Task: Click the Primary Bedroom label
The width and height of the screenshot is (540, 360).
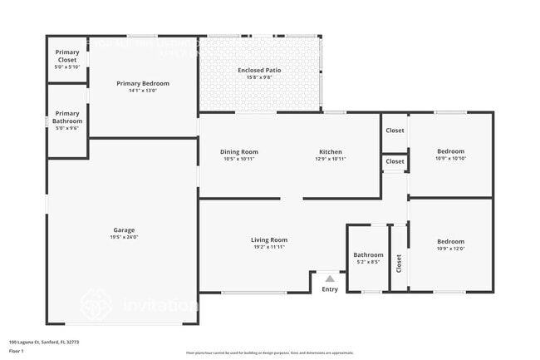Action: coord(143,83)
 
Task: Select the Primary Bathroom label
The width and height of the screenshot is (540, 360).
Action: coord(67,117)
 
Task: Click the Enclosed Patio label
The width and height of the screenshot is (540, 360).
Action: coord(259,71)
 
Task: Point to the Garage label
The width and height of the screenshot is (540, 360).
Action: coord(125,230)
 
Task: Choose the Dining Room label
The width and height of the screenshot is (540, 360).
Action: coord(239,152)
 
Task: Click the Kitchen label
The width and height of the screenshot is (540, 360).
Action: coord(331,152)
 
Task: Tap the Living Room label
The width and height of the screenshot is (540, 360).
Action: coord(269,240)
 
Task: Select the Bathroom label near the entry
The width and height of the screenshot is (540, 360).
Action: coord(368,255)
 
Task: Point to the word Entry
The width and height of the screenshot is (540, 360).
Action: coord(330,289)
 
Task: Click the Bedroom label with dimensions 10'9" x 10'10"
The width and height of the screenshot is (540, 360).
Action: coord(451,151)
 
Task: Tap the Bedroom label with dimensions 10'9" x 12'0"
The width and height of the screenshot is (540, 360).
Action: coord(451,242)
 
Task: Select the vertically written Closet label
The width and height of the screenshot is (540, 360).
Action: coord(399,264)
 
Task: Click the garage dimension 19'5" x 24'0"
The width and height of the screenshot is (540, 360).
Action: coord(125,237)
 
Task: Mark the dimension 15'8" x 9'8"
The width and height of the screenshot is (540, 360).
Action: coord(259,77)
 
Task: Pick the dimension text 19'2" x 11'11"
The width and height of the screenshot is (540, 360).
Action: coord(269,247)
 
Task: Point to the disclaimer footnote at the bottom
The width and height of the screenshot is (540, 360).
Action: coord(269,353)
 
